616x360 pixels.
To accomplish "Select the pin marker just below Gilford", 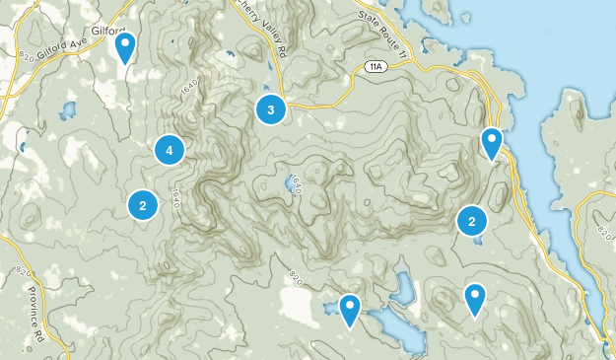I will [x=125, y=47].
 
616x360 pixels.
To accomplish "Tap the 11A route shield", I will [x=374, y=66].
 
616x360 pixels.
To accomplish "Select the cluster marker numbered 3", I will [x=270, y=108].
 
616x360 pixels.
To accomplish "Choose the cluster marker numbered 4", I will [x=170, y=150].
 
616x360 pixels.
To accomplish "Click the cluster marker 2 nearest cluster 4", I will [x=143, y=205].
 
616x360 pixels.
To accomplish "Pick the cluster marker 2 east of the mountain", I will [x=472, y=221].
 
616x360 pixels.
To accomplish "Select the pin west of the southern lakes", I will [x=349, y=310].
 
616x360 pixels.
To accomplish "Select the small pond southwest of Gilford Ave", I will [x=68, y=108].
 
